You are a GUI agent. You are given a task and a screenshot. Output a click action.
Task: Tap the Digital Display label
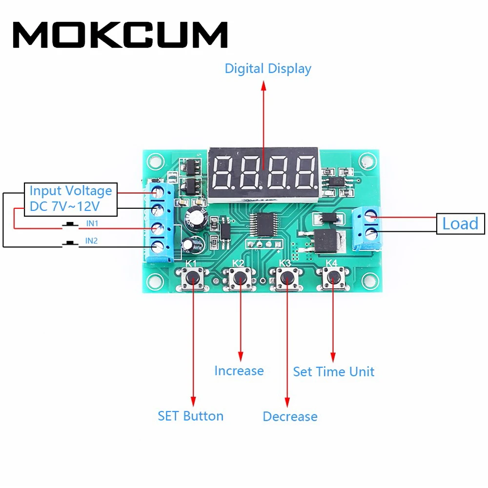click(x=267, y=68)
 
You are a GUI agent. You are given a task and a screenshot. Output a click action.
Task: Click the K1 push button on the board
click(x=193, y=279)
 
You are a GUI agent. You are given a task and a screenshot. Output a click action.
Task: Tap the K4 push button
click(x=333, y=279)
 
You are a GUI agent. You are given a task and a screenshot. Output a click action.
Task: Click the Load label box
click(x=460, y=224)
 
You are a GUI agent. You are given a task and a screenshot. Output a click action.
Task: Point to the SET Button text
click(x=190, y=416)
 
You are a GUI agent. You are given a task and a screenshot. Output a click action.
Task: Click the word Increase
click(x=239, y=371)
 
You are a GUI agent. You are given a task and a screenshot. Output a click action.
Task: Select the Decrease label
click(x=290, y=417)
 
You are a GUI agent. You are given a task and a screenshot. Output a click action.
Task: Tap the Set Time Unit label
click(x=334, y=372)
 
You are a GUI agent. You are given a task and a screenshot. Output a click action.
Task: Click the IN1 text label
click(x=92, y=223)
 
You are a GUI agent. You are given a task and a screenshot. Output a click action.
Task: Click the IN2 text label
click(x=91, y=240)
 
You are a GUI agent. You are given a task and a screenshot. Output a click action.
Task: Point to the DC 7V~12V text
click(x=64, y=206)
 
